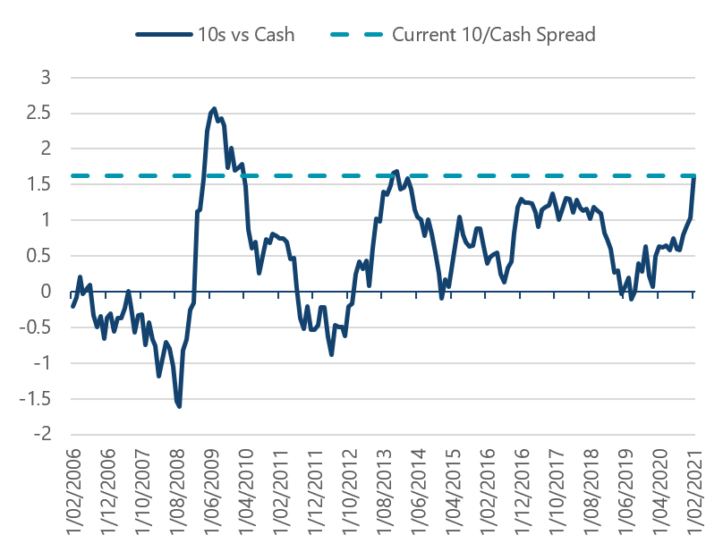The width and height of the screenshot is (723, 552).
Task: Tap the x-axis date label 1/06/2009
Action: coord(212,494)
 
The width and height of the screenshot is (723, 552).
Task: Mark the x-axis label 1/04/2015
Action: coord(454,494)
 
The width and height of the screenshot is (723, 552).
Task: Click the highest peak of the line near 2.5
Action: coord(213,108)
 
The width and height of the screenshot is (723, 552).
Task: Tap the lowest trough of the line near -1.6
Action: coord(179,406)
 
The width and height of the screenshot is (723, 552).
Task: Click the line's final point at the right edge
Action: coord(694,177)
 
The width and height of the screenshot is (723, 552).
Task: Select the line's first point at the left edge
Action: coord(72,306)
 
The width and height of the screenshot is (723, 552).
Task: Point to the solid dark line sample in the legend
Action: coord(165,35)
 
